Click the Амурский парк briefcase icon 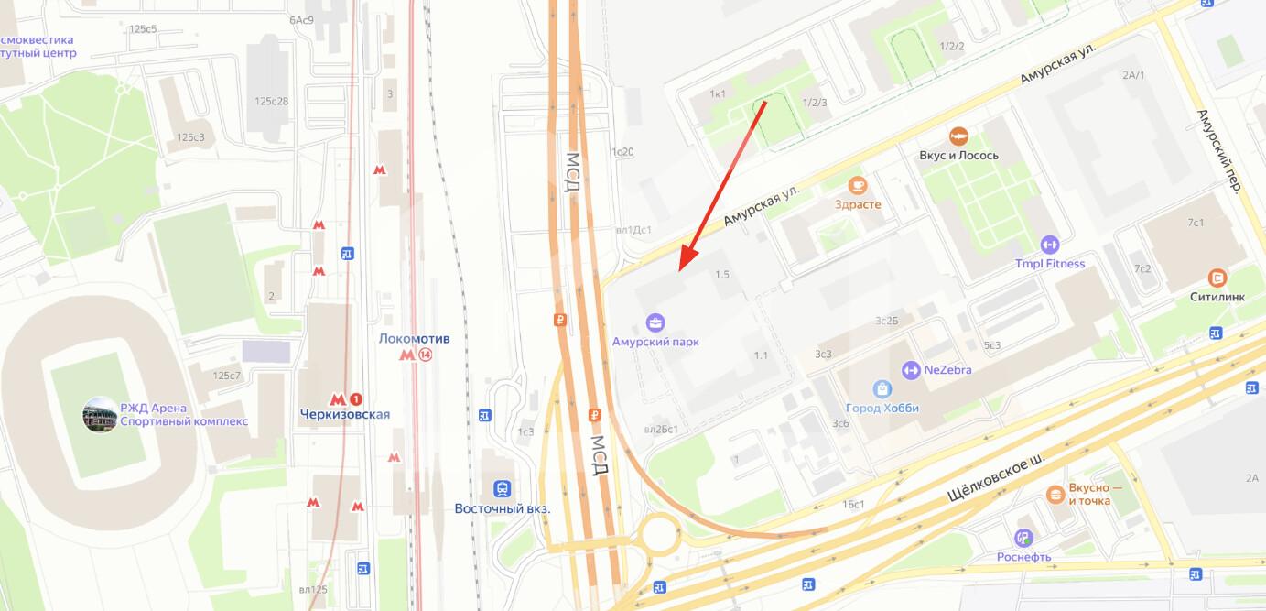(655, 322)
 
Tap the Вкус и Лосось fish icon (958, 136)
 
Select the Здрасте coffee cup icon (857, 185)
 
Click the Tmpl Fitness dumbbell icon (1049, 245)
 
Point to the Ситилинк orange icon (1217, 278)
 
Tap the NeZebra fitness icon (910, 370)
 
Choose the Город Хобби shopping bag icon (882, 389)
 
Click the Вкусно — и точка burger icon (1055, 495)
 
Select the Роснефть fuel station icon (1023, 539)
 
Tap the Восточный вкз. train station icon (502, 489)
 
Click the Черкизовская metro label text (344, 414)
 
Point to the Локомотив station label (414, 339)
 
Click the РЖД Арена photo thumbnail (100, 415)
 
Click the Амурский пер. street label (1217, 151)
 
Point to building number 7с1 (1196, 223)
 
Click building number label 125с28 (272, 101)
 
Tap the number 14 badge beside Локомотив (426, 355)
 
